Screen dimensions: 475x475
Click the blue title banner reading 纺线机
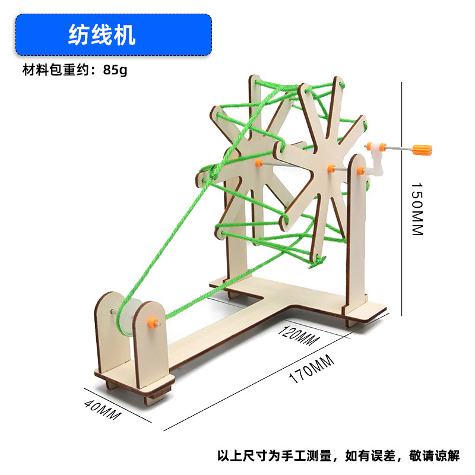coord(113,34)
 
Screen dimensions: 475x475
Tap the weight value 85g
coord(115,69)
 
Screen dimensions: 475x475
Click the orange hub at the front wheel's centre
coord(331,168)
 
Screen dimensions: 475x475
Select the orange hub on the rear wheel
coord(259,162)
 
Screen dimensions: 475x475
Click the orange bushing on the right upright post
coord(360,171)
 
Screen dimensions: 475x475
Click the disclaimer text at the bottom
coord(338,456)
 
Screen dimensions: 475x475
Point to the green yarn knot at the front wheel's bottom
coord(321,259)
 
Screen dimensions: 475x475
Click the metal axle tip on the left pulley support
coord(112,310)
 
